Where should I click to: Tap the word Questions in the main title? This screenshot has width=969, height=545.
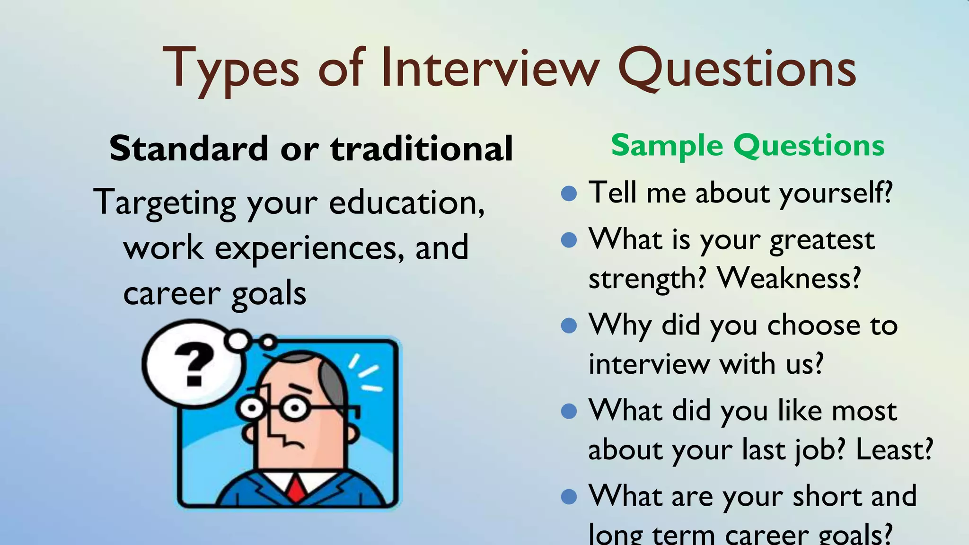tap(737, 69)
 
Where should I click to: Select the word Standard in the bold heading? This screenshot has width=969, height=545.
tap(188, 149)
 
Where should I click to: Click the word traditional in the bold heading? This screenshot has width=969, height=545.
tap(422, 149)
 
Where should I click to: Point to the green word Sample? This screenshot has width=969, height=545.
tap(667, 145)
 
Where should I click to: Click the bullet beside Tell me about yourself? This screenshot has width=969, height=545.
tap(569, 193)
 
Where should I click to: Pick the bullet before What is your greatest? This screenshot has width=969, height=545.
tap(569, 240)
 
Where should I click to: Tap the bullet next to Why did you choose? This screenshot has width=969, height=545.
tap(569, 325)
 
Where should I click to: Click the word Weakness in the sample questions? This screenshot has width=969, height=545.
tap(788, 278)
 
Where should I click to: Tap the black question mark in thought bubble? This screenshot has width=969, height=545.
tap(194, 364)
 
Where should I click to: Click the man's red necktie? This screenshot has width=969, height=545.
tap(296, 489)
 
